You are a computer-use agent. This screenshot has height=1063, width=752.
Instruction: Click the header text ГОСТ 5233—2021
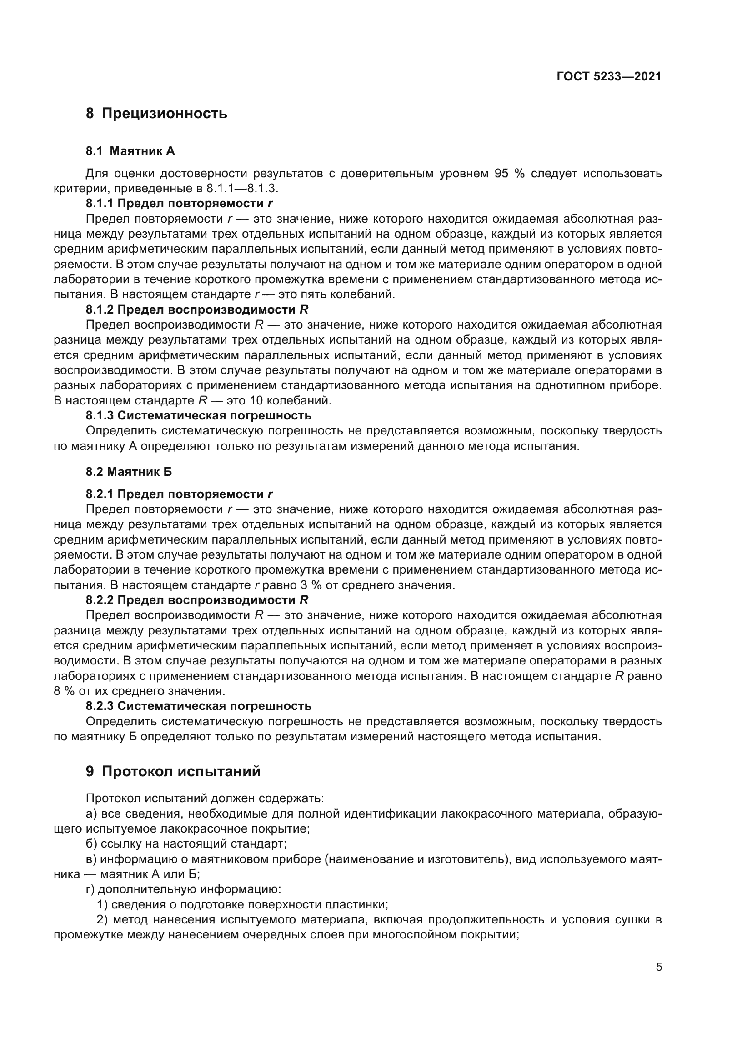tap(609, 77)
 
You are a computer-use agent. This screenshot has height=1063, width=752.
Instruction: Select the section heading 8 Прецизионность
tap(156, 113)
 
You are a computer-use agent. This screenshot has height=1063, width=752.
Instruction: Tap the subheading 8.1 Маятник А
tap(130, 151)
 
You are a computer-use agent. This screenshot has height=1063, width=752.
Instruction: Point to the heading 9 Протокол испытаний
tap(173, 771)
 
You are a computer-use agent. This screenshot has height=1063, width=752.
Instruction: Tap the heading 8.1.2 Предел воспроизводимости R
tap(197, 309)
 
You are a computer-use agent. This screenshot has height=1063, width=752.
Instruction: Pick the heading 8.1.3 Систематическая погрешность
tap(199, 415)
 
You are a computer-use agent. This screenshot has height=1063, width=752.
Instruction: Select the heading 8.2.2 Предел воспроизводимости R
tap(197, 600)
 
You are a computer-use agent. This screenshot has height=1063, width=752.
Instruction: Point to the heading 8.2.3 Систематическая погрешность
tap(199, 706)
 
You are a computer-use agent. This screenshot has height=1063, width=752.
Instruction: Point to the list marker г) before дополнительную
tap(91, 889)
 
